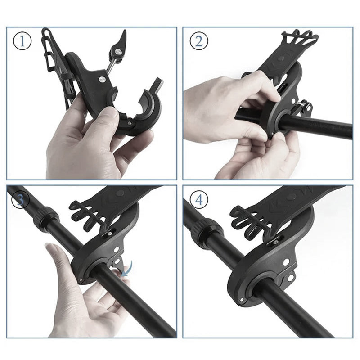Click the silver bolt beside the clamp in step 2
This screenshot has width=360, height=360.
click(x=306, y=104)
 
